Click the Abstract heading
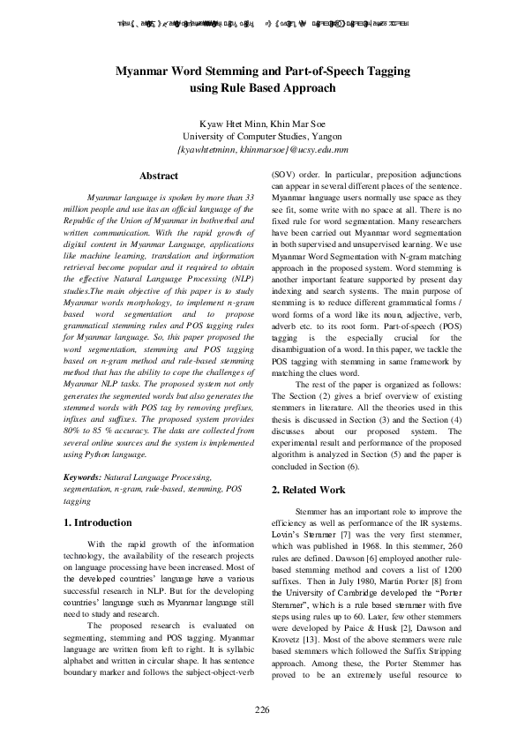coord(159,176)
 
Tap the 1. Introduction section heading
coord(99,522)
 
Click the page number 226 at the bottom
coord(262,710)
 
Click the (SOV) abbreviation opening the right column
coord(284,176)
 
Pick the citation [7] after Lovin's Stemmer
coord(348,535)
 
